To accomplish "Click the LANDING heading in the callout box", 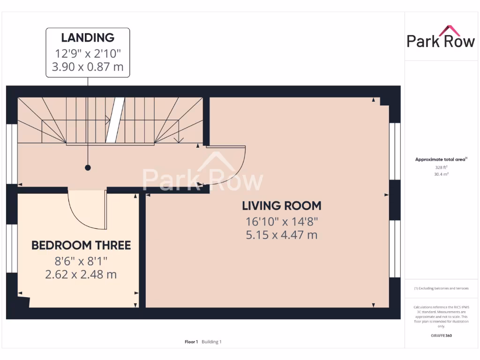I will tap(88, 37).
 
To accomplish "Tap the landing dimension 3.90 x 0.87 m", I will tap(88, 67).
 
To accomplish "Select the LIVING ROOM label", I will tap(281, 205).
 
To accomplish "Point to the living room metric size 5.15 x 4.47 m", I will tap(281, 234).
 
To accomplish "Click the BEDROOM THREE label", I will tap(81, 245).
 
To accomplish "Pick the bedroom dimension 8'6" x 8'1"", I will tap(81, 260).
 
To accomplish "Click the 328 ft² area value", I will tap(441, 167).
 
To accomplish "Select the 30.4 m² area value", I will tap(441, 174).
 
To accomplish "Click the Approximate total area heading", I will tap(441, 159).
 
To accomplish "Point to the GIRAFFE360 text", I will tap(441, 336).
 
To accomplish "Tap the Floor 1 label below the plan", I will tap(191, 342).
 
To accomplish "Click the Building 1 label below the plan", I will tap(211, 342).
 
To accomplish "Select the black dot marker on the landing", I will tap(88, 167).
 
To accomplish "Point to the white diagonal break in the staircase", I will tap(115, 120).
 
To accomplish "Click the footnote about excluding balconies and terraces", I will tap(441, 288).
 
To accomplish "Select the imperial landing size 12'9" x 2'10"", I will tap(88, 52).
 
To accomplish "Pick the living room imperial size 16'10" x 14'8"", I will tap(281, 221).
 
